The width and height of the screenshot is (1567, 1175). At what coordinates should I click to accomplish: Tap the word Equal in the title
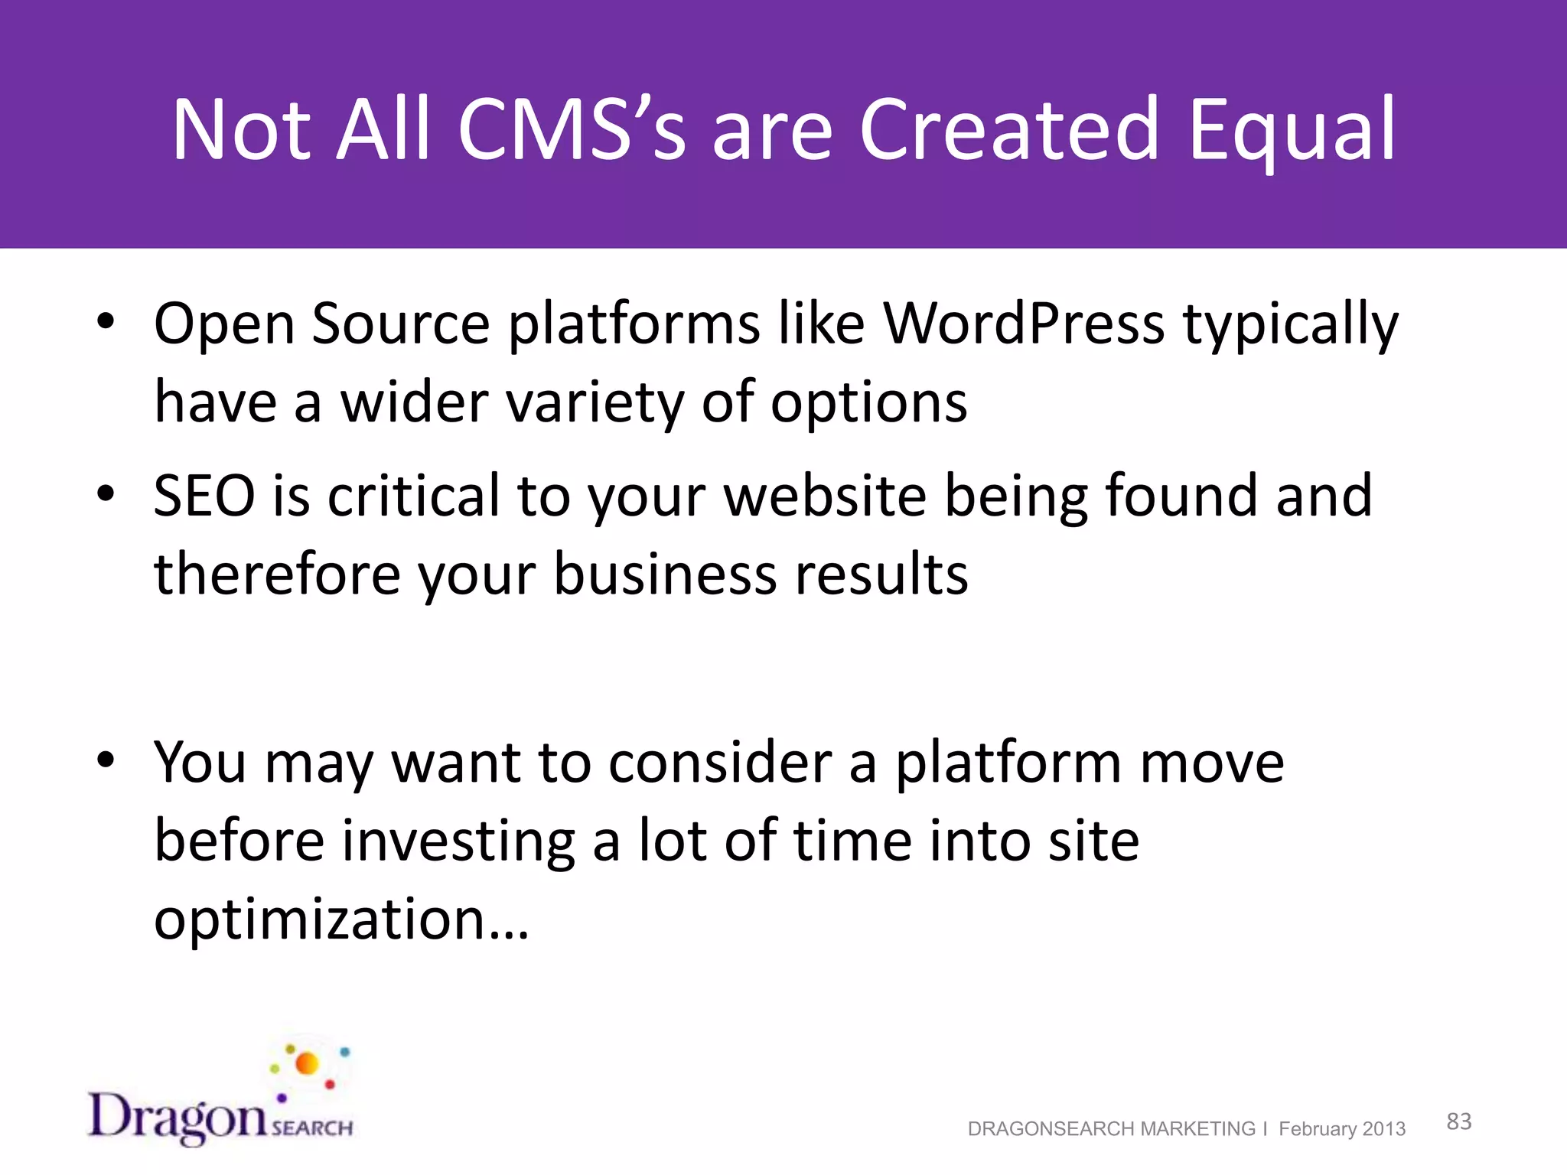1292,130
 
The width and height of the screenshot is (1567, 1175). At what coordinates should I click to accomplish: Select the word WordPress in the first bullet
1024,324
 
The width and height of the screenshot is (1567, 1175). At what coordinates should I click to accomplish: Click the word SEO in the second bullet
204,496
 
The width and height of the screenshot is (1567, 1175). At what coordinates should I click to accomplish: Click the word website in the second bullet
825,496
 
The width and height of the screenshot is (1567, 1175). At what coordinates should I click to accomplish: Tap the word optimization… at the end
341,918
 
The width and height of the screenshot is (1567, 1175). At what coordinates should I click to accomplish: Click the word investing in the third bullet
458,841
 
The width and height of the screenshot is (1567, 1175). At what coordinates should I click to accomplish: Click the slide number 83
1458,1121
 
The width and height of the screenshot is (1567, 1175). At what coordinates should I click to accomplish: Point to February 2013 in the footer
1341,1129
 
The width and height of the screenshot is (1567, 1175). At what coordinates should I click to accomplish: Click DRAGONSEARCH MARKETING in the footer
1111,1129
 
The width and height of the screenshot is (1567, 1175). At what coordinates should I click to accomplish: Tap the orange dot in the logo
307,1063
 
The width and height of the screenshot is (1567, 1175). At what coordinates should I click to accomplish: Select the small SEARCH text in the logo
312,1128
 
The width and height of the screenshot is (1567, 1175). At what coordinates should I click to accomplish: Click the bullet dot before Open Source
106,322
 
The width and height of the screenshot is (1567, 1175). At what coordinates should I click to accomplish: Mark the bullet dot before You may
106,760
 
